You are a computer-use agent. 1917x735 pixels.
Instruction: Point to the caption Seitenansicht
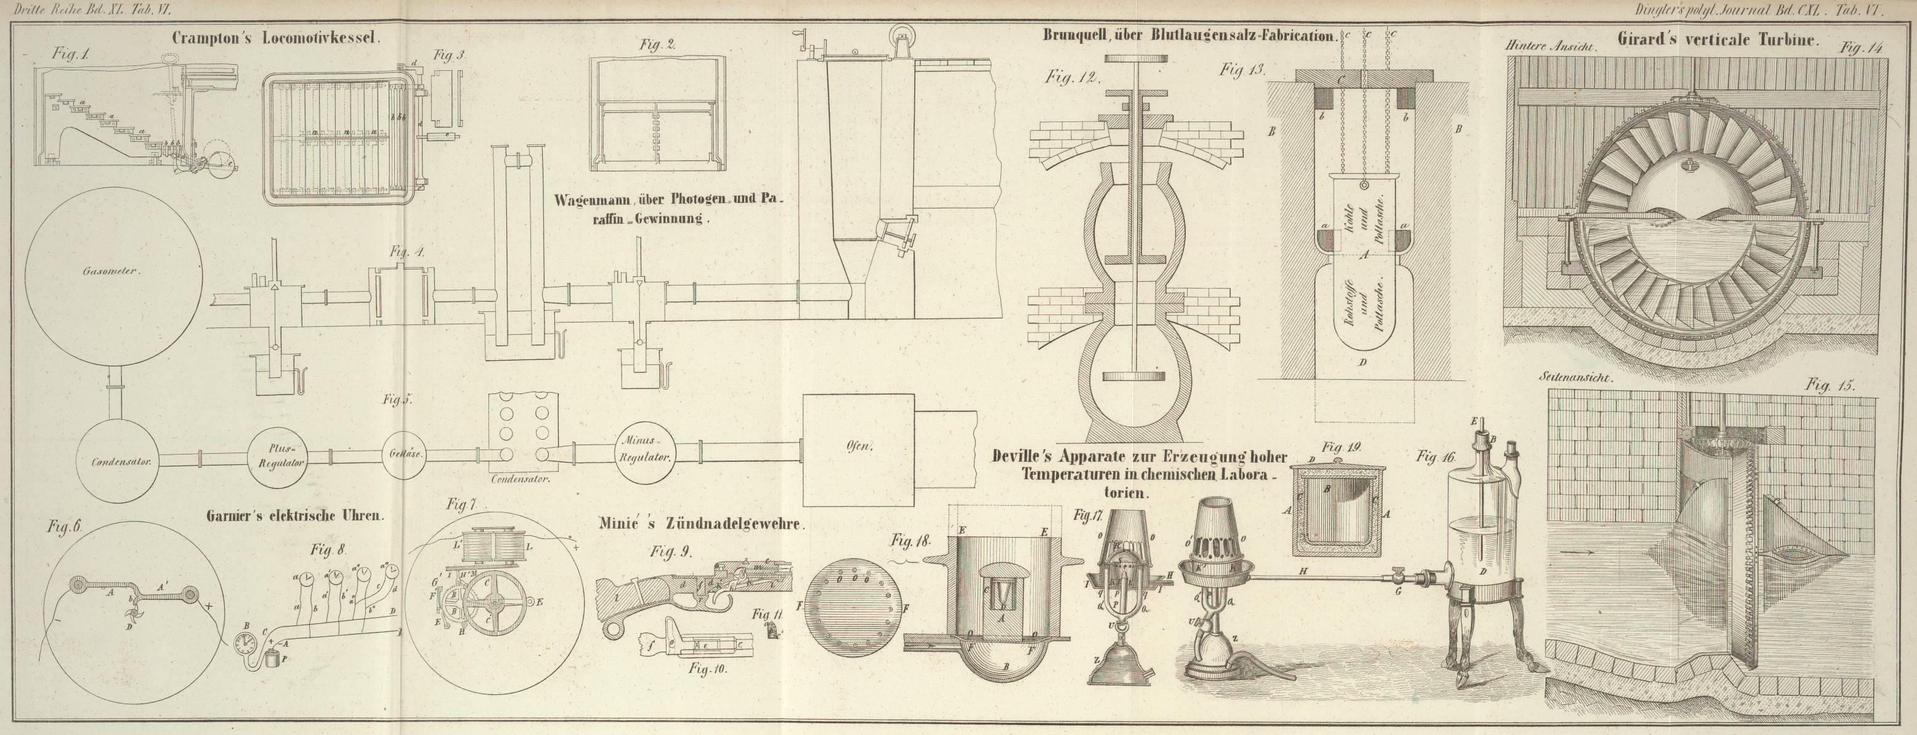(x=1575, y=377)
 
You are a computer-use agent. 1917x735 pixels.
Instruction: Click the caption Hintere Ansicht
(x=1551, y=46)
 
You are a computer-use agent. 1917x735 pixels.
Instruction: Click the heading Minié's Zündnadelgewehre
(x=701, y=524)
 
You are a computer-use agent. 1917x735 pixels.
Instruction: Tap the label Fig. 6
(x=64, y=527)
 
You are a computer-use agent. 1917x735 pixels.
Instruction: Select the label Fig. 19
(x=1342, y=448)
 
